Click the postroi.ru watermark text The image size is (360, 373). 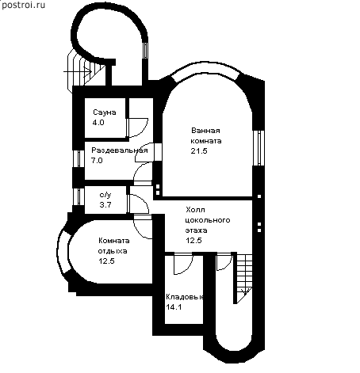[23, 5]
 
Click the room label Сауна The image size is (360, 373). [105, 112]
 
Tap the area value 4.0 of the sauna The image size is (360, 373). [98, 123]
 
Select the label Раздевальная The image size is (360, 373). [120, 150]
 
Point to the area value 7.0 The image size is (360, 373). [97, 161]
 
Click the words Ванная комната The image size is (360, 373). [206, 135]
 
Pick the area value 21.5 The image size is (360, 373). [199, 151]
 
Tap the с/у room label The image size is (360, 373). [105, 195]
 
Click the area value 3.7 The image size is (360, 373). [105, 205]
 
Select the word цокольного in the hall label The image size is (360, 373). [208, 220]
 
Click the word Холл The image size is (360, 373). [195, 210]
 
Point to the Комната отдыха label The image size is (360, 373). [114, 245]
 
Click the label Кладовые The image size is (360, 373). [185, 297]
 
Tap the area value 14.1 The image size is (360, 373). [174, 307]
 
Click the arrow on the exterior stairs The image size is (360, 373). [78, 71]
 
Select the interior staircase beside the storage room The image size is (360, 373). [243, 278]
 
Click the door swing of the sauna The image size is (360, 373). [137, 128]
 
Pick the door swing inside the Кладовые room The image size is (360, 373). [184, 264]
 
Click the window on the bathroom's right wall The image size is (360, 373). [259, 148]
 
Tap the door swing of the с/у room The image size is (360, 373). [138, 204]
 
